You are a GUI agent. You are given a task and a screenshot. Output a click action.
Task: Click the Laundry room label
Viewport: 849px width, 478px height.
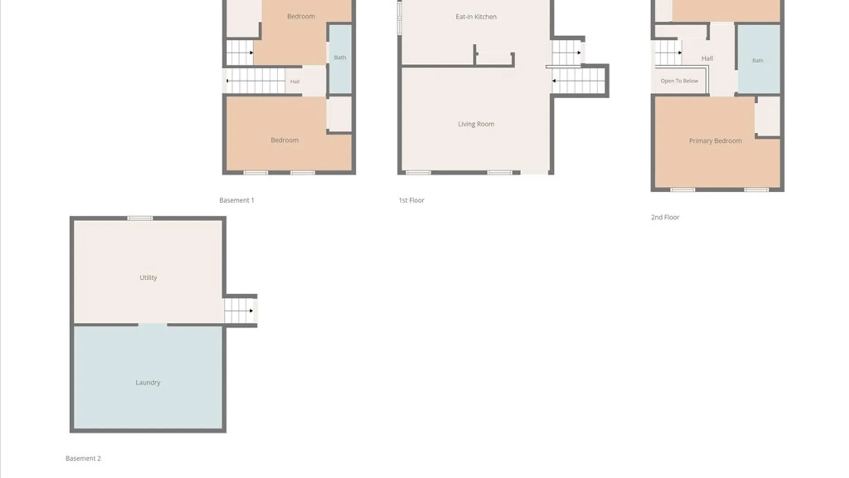148,382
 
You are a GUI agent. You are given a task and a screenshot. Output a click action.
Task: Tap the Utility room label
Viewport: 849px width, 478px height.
148,278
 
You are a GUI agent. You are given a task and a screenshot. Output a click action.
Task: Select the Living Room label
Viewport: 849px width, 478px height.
476,124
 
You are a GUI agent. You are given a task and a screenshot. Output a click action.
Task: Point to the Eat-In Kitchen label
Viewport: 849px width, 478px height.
476,17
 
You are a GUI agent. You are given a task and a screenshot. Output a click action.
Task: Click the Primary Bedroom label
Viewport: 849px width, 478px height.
715,141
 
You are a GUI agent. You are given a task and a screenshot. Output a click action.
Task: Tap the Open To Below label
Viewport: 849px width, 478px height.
679,81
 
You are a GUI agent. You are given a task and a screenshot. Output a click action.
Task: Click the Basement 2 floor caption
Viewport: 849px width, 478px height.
83,459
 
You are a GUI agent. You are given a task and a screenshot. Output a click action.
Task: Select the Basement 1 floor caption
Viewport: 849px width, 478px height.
237,200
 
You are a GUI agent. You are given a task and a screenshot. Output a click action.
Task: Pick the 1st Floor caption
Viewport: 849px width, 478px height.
411,200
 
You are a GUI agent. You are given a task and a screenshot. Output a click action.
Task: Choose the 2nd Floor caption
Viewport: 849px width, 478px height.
665,217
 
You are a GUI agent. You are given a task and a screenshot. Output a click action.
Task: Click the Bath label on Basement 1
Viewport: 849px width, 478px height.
340,58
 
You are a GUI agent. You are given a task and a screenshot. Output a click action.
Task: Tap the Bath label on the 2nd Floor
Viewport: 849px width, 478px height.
758,61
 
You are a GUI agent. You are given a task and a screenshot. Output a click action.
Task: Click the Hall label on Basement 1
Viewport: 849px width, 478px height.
295,81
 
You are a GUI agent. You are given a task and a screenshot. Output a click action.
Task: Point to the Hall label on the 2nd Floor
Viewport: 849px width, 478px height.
707,58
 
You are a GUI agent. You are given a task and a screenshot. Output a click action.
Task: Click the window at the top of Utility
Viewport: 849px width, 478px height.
140,218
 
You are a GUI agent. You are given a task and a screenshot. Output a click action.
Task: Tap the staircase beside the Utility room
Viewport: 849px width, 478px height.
239,311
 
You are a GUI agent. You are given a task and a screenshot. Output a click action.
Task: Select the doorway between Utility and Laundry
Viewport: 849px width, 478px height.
153,325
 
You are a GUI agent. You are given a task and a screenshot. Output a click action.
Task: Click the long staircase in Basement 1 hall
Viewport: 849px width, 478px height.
256,81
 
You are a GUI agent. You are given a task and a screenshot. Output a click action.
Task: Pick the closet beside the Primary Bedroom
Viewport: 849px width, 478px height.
769,116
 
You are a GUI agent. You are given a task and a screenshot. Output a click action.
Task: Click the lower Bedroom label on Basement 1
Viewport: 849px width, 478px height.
285,140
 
